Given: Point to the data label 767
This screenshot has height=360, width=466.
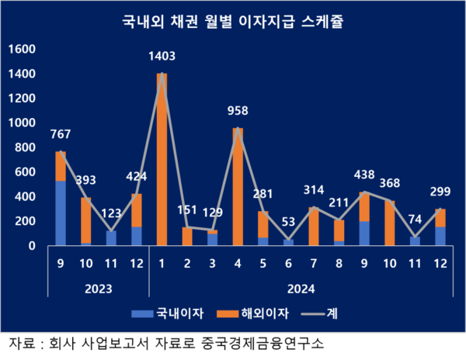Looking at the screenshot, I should click(x=60, y=133).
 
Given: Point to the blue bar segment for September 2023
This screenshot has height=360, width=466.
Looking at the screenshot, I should click(x=60, y=213).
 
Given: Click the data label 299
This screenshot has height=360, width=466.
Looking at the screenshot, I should click(x=440, y=192).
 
